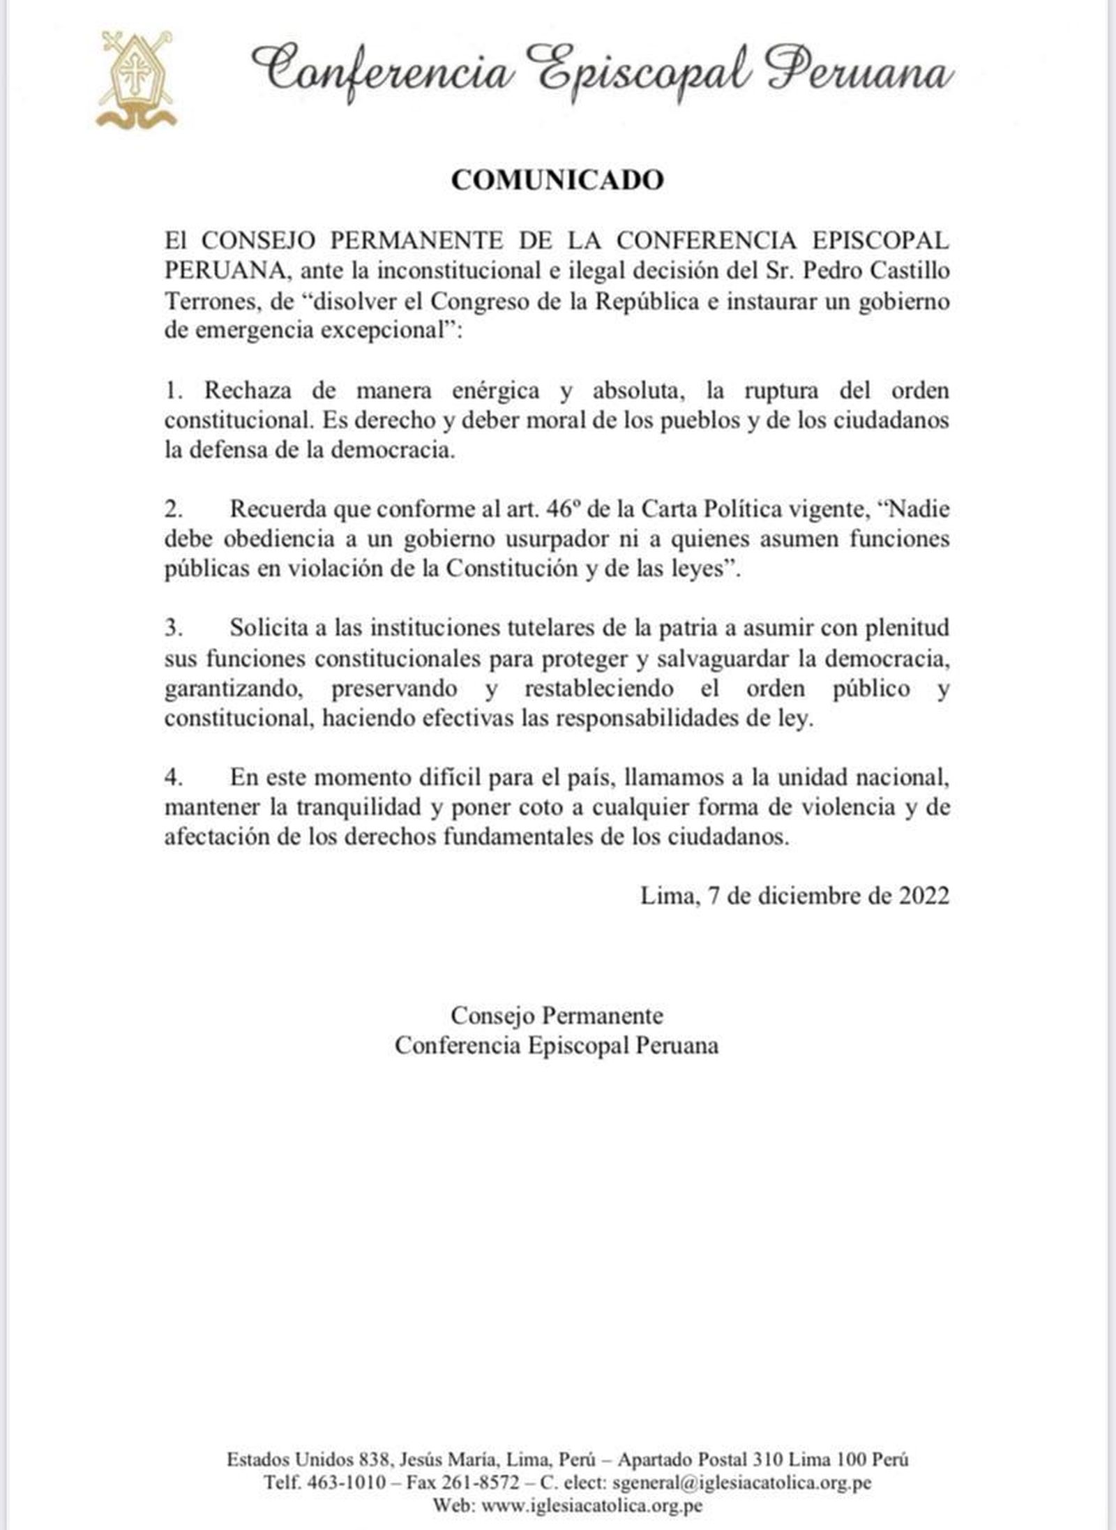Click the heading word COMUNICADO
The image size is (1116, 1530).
click(x=557, y=181)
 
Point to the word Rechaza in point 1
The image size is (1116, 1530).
click(x=248, y=390)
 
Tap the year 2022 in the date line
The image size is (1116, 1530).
click(x=923, y=896)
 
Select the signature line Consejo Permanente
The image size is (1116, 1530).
click(x=557, y=1015)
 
